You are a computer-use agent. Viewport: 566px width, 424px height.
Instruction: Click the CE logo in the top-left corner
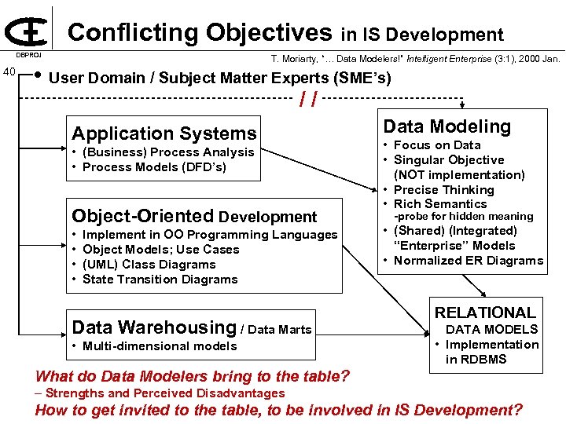coord(25,30)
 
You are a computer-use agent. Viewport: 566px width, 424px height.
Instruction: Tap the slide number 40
coord(10,72)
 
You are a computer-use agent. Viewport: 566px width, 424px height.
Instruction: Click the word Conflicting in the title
coord(134,32)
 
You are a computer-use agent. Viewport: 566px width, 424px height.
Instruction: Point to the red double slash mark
coord(309,100)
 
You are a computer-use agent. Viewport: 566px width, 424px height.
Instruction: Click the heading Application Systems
coord(164,133)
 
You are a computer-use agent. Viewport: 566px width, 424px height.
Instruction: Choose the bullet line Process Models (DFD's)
coord(154,167)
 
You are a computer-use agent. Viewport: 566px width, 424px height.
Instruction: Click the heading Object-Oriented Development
coord(193,216)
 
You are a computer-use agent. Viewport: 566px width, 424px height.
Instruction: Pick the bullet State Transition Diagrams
coord(160,280)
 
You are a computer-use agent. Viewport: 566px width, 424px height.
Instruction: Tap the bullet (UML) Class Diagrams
coord(149,265)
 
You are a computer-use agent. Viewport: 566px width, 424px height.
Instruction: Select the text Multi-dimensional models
coord(159,346)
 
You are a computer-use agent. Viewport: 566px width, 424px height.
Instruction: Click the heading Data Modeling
coord(447,126)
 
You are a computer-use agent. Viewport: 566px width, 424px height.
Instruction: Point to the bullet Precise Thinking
coord(443,190)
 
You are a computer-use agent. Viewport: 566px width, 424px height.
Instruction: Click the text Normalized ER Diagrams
coord(468,261)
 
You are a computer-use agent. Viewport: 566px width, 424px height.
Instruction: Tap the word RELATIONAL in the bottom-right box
coord(485,313)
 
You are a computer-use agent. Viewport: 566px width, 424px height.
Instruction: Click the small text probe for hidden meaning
coord(463,217)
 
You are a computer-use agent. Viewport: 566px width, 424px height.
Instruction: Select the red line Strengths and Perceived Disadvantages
coord(164,393)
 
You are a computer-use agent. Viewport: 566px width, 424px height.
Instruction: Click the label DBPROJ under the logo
coord(30,56)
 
